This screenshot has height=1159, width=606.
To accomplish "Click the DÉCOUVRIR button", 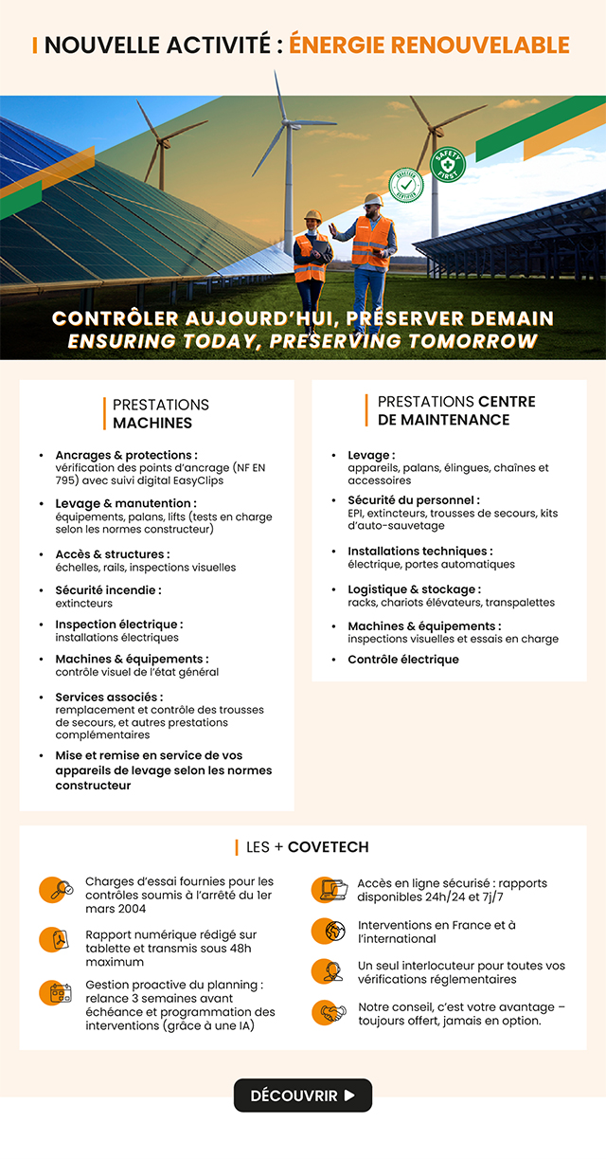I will tap(303, 1096).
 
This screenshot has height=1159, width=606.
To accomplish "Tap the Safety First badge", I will tap(448, 164).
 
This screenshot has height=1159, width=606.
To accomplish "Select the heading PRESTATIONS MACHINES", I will tap(157, 414).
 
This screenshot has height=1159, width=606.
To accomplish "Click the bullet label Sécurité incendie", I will tap(108, 590).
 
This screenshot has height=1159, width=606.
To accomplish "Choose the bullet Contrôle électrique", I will tap(402, 660).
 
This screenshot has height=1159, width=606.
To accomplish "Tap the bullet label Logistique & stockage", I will tap(413, 589).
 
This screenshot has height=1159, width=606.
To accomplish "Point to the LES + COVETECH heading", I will tap(307, 847).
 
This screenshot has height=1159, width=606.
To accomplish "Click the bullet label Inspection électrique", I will tap(118, 625).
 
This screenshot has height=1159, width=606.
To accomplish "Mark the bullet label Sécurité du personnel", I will tap(413, 500).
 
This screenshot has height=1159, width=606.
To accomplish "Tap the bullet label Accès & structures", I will tap(112, 554).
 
